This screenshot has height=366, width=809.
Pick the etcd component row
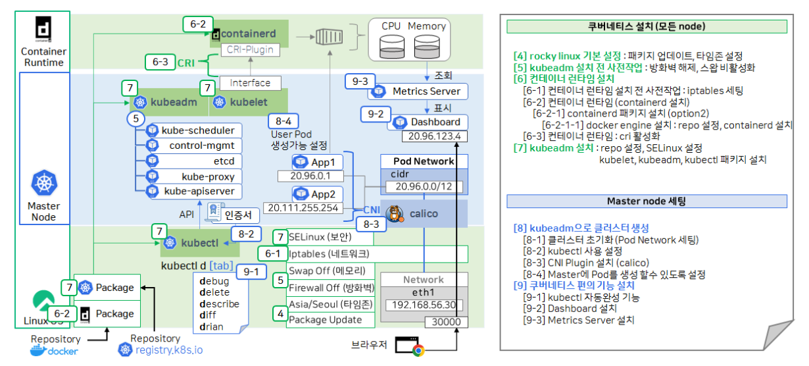pos(191,161)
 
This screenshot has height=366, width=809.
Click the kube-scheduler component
pos(191,130)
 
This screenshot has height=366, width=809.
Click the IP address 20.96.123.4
pos(434,137)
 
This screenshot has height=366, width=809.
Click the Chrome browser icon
pos(418,350)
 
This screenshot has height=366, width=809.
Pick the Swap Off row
pos(331,271)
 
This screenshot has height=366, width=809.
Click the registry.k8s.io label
pos(169,350)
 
